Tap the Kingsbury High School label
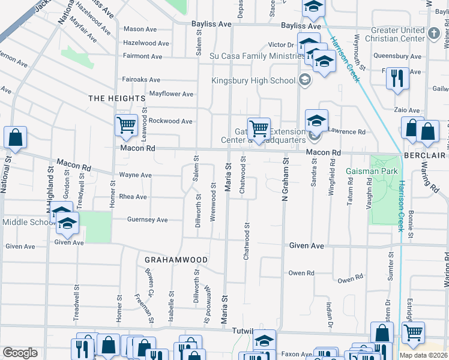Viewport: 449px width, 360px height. click(253, 80)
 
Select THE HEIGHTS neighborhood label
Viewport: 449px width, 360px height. click(117, 98)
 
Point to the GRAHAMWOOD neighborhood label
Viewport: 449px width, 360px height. click(176, 260)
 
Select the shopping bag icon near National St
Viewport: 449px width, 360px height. click(16, 137)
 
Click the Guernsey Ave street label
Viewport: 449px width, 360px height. click(147, 220)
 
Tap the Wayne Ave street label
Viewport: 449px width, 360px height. click(135, 175)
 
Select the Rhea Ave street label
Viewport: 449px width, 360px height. click(133, 197)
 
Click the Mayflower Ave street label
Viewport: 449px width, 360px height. click(171, 94)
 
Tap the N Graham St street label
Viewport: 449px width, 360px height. click(286, 181)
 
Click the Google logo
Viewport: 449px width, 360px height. click(20, 353)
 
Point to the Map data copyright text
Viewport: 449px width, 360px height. click(424, 355)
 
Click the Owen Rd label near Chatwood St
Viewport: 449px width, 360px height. click(301, 273)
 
